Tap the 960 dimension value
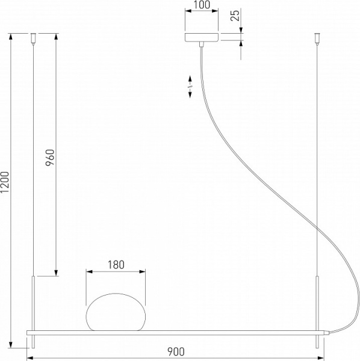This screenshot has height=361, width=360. pyautogui.click(x=51, y=158)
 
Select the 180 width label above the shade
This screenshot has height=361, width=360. pyautogui.click(x=116, y=264)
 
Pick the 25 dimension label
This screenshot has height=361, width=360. pyautogui.click(x=235, y=14)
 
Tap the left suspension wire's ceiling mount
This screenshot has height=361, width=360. pyautogui.click(x=34, y=40)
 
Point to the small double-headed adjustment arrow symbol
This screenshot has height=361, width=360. pyautogui.click(x=189, y=85)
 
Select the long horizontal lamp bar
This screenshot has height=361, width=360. pyautogui.click(x=175, y=332)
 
